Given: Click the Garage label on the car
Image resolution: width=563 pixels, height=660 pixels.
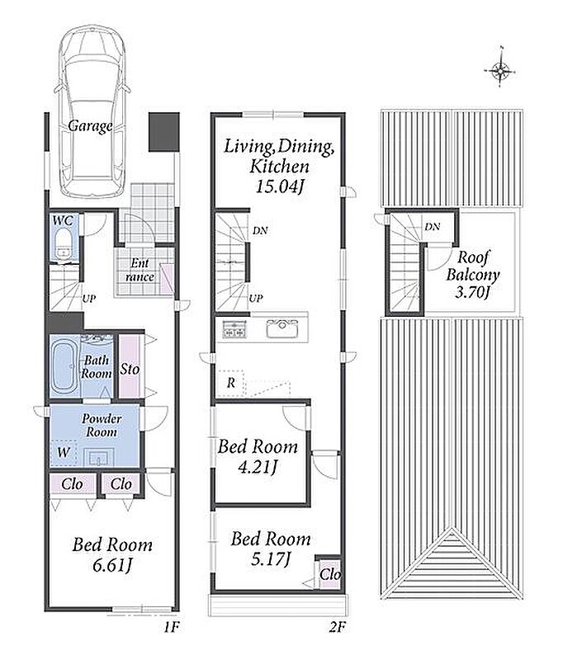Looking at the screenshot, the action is (90, 125).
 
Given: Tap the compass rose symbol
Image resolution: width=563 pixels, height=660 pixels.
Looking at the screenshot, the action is (501, 70).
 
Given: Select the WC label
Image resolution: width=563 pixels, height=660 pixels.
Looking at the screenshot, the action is (63, 220).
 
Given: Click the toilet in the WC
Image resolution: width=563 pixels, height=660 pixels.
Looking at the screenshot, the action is (64, 244).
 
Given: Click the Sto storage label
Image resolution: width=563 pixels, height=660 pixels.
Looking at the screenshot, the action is (130, 370).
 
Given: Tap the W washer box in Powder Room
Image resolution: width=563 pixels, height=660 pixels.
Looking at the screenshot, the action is (64, 452).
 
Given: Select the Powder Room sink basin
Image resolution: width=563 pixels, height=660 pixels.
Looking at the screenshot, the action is (98, 457).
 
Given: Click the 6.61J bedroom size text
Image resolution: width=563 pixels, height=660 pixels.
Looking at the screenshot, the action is (112, 565).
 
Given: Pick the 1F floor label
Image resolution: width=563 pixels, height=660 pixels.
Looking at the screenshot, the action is (172, 628).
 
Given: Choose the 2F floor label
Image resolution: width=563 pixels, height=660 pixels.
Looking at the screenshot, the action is (337, 628).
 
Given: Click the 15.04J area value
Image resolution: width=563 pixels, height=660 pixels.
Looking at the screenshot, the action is (279, 186).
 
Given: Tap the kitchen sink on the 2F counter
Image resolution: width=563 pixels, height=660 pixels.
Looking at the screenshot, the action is (281, 328).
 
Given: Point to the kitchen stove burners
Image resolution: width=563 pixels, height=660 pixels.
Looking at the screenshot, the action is (234, 328).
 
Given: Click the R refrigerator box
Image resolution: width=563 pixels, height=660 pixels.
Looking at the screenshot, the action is (231, 383).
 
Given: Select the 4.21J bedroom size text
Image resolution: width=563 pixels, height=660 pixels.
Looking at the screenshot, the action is (258, 466).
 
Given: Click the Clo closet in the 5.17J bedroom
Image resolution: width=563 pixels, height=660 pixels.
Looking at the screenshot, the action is (329, 573).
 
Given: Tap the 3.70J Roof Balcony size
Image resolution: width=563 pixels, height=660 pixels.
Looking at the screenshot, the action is (472, 292).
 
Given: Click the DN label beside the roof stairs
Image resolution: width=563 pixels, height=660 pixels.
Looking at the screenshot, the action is (433, 227).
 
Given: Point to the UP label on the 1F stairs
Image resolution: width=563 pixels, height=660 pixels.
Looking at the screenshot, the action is (89, 299).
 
